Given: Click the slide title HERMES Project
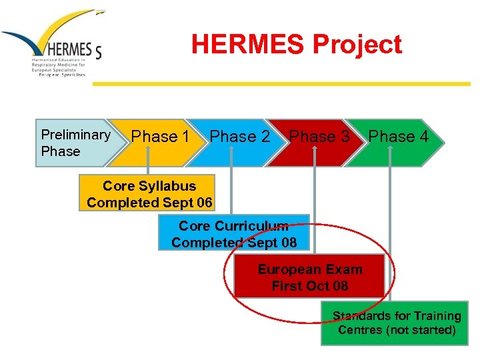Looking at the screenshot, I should tap(297, 45).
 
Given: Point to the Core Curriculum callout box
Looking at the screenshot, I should tap(233, 234).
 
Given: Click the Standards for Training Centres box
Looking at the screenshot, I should tap(397, 323).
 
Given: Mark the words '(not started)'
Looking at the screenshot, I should tap(425, 331).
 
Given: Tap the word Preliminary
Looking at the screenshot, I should tap(75, 135).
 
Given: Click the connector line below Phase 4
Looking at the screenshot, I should tap(390, 233).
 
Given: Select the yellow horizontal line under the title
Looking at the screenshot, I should tap(280, 84).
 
